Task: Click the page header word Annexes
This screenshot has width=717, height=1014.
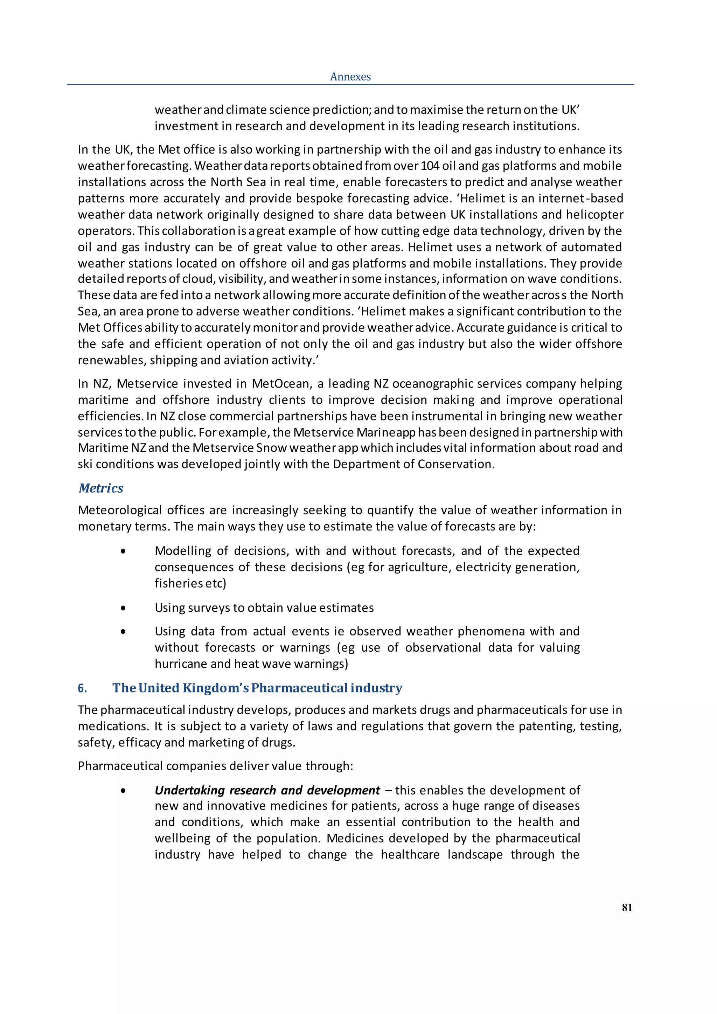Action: point(350,77)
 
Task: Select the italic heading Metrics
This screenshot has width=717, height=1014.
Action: point(101,488)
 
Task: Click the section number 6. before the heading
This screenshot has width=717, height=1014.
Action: point(82,688)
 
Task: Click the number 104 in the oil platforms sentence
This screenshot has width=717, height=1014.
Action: point(430,166)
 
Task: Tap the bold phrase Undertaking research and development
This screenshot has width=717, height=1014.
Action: point(267,790)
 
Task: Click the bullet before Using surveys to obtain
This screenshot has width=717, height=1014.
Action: point(123,608)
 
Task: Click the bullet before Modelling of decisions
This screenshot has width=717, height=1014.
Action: point(123,551)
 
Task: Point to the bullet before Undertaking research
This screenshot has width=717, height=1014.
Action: point(123,791)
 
